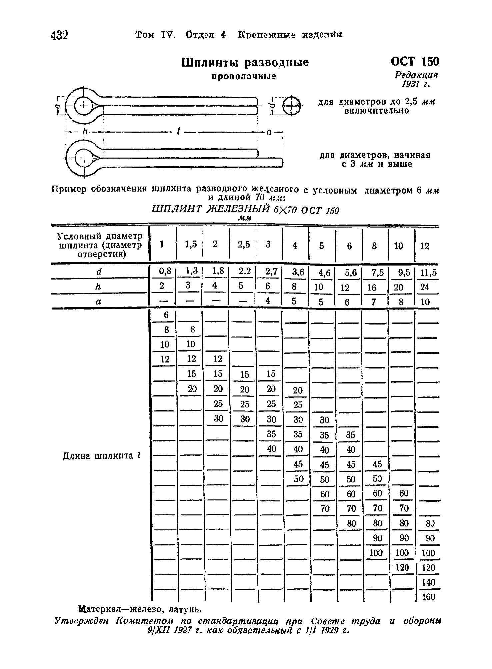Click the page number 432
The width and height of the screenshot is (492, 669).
click(59, 35)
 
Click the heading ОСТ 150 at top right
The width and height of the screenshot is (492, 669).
click(414, 61)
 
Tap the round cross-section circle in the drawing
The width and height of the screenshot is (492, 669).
click(291, 106)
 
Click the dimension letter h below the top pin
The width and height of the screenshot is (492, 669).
click(85, 132)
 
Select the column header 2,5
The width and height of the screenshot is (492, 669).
click(244, 245)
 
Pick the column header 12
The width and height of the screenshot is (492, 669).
click(425, 246)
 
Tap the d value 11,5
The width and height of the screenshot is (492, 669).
click(429, 273)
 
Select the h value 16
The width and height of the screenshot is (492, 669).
click(372, 288)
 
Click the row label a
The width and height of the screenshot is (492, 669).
click(98, 301)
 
